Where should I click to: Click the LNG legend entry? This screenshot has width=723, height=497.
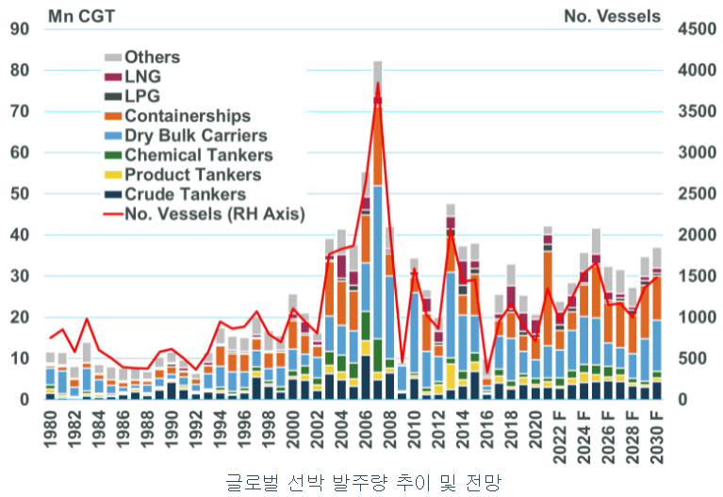(x=141, y=77)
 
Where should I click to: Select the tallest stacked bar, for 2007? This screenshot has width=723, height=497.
(x=377, y=236)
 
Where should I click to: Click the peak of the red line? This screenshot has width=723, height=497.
(x=377, y=83)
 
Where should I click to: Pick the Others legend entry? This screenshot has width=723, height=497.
(x=152, y=58)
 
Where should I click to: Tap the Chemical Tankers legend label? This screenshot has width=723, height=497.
(x=199, y=156)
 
